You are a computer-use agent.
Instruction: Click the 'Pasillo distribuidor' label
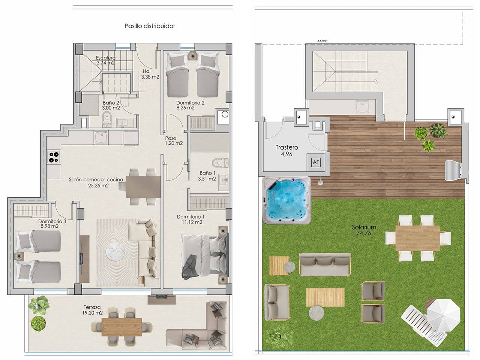click(x=150, y=26)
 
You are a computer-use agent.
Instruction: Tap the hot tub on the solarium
click(x=287, y=200)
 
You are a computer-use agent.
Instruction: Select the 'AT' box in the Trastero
click(x=316, y=162)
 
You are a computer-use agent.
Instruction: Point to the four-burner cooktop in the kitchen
click(x=54, y=156)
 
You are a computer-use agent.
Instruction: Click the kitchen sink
click(x=101, y=138)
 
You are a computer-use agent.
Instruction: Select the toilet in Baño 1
click(x=217, y=163)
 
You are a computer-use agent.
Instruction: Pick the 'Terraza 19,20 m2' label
click(x=93, y=309)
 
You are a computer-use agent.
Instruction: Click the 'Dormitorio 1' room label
click(x=190, y=219)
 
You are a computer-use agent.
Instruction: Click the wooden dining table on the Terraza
click(x=122, y=325)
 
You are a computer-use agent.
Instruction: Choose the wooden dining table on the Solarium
click(x=417, y=238)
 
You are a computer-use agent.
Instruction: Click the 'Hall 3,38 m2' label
click(x=150, y=74)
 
